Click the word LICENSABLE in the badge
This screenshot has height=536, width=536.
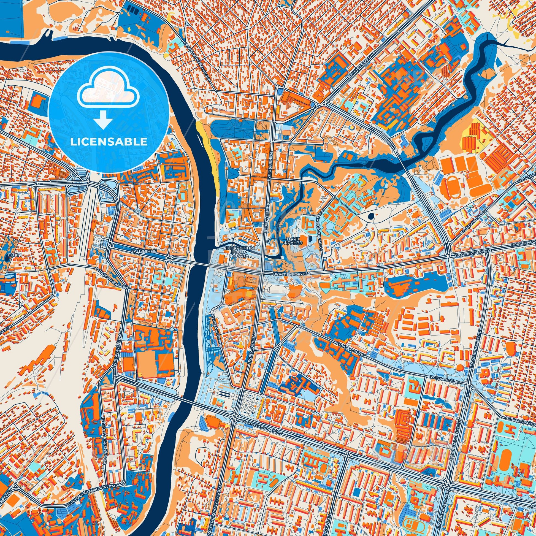109,142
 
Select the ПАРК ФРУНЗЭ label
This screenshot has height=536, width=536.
294,240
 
